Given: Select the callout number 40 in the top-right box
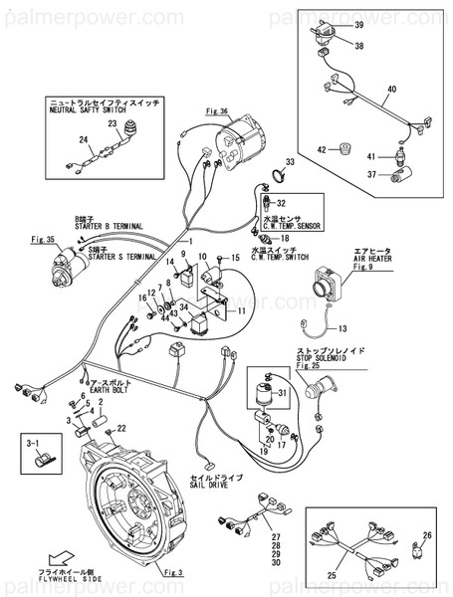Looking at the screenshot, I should [x=418, y=89].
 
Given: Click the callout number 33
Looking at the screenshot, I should [x=290, y=161].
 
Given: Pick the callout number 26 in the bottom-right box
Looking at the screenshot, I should [x=429, y=537].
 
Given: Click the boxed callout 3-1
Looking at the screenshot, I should [x=29, y=437].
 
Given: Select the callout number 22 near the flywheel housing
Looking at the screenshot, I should [x=120, y=427].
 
